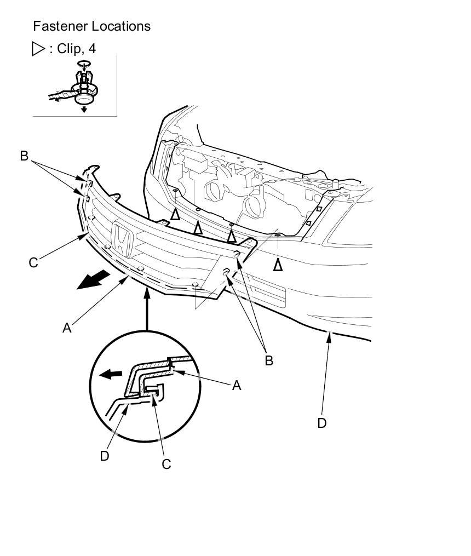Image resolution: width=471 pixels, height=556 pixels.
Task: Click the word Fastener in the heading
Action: click(x=57, y=26)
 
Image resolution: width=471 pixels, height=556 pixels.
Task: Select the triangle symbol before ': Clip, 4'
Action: click(x=39, y=49)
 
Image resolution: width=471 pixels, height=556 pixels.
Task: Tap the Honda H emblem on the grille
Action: click(x=121, y=240)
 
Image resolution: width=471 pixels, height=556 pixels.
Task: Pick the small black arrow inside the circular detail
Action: click(x=112, y=375)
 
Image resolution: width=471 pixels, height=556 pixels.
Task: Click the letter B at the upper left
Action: click(x=24, y=156)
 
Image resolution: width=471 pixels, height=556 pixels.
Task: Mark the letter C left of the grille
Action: click(x=33, y=263)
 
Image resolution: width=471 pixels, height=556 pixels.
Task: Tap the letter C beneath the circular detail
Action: click(x=166, y=464)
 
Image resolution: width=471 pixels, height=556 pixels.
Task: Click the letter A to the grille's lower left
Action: click(x=67, y=328)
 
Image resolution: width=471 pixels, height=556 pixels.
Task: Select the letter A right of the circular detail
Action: click(x=237, y=386)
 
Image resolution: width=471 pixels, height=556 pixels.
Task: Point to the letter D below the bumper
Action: click(x=322, y=423)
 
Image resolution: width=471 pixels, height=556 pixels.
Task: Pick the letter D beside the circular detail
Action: click(x=105, y=455)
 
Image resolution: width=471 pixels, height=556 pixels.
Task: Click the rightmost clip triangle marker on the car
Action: click(x=278, y=265)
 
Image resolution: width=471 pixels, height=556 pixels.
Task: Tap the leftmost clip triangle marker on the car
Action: click(x=175, y=214)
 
